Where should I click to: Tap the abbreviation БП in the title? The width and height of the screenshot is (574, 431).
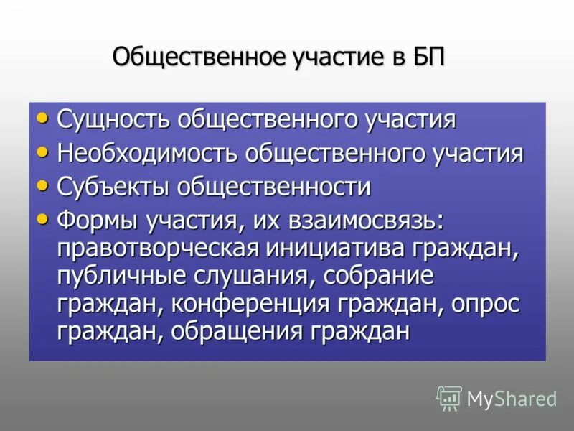pyautogui.click(x=428, y=57)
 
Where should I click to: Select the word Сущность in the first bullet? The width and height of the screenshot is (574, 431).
pyautogui.click(x=117, y=119)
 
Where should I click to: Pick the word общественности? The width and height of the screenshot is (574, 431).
pyautogui.click(x=273, y=187)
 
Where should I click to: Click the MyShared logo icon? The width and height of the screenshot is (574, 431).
pyautogui.click(x=448, y=397)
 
